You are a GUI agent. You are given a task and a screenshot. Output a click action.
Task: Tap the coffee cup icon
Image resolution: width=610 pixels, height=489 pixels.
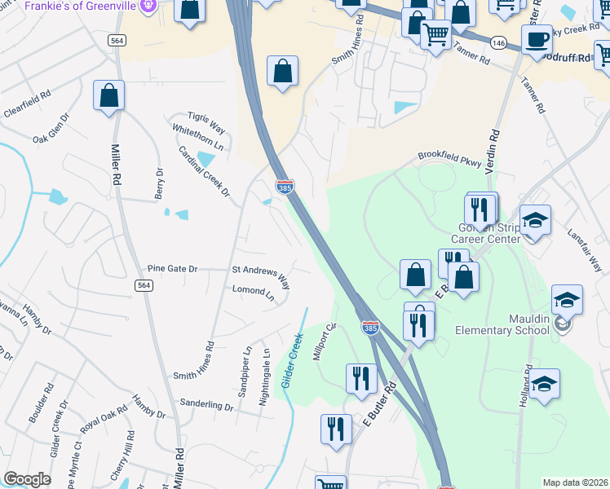pos(537,39)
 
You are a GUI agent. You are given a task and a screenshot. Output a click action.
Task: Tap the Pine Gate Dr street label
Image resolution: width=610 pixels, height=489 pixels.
pos(172,268)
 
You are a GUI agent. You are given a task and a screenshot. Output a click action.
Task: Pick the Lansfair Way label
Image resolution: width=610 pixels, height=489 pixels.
pos(585,249)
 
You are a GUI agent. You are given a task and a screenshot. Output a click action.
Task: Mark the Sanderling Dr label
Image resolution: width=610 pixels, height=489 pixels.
pos(207,405)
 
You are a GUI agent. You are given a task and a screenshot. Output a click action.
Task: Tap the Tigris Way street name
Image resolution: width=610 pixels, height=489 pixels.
pos(206,123)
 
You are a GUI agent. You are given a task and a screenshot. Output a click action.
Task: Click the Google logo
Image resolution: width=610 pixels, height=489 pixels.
pos(27,479)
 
